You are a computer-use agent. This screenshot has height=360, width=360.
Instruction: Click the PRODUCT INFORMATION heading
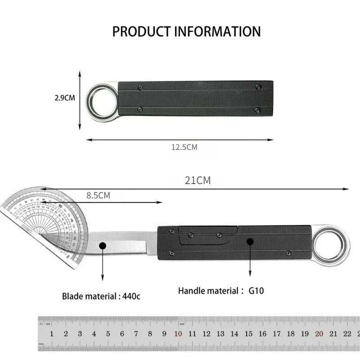186,31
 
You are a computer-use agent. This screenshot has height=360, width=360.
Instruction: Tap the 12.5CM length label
184,147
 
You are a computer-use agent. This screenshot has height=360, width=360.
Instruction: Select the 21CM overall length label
198,181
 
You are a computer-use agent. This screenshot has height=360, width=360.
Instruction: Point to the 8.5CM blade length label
98,196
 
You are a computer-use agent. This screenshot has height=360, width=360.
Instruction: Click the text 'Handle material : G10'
220,291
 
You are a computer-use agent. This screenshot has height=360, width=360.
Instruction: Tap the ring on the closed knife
102,102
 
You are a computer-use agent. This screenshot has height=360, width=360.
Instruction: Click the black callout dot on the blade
102,245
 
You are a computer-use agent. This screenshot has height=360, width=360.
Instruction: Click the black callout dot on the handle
250,242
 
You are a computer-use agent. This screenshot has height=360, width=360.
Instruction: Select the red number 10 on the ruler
178,334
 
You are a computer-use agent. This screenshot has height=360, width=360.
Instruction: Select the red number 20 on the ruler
319,334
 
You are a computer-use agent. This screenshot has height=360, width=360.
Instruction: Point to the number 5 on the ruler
108,334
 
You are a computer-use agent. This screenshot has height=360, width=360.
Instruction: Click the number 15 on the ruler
248,334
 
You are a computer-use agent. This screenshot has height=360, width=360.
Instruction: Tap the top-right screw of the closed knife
258,87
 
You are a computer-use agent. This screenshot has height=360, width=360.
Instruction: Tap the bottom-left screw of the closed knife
140,109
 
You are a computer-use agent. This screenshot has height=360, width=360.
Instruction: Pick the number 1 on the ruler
52,334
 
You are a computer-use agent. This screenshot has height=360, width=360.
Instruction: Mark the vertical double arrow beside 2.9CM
80,100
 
